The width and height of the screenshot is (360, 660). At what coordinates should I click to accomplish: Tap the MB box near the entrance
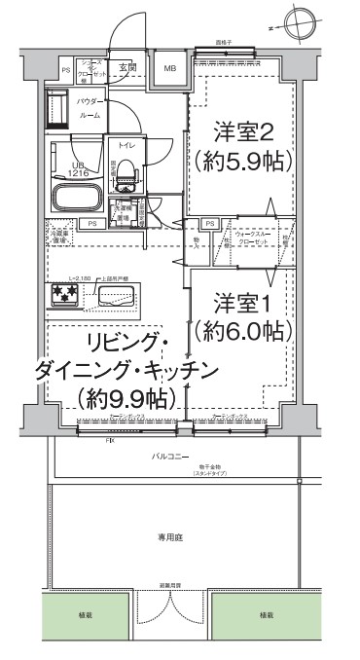(x=170, y=68)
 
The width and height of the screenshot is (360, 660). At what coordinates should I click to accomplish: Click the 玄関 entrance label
(x=127, y=67)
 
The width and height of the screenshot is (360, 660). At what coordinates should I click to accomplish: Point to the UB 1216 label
(x=78, y=169)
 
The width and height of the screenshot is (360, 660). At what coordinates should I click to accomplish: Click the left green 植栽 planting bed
(x=86, y=615)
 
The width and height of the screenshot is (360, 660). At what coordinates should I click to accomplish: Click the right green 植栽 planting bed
(x=266, y=615)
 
